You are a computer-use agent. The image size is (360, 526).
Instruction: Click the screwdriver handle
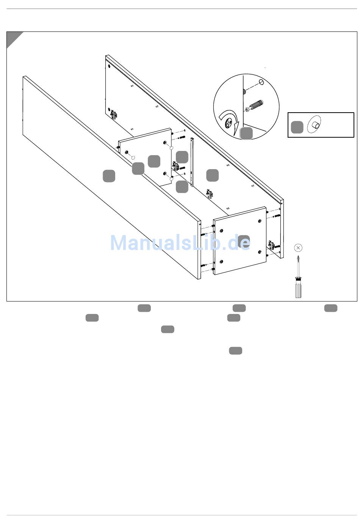pos(298,288)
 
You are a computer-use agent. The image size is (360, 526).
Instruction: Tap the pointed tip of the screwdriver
pos(298,256)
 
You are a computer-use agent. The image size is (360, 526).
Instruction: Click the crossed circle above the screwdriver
pos(298,248)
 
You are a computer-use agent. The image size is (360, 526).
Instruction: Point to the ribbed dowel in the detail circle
pos(254,106)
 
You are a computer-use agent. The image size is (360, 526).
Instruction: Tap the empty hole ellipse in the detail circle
pos(261,82)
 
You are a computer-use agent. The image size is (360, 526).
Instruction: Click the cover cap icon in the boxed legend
pos(314,124)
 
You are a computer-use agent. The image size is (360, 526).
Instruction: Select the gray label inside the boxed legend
pos(297,127)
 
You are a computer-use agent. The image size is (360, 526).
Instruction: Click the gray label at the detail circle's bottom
pos(246,133)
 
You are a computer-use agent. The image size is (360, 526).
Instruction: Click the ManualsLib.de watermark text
pos(180,242)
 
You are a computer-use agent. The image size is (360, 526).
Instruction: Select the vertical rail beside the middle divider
pos(193,162)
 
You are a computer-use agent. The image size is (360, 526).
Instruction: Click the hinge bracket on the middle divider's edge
pos(175,166)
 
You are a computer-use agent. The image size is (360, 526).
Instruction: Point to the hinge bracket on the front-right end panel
pos(272,245)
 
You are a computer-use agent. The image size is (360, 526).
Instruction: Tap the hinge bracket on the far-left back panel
pos(114,115)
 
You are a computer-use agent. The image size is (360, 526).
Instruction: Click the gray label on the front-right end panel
pos(244,242)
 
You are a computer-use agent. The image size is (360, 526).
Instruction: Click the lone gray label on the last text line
pos(235,350)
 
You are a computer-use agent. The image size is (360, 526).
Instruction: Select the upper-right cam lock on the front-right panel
pos(260,221)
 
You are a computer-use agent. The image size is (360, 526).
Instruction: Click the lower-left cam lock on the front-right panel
pos(221,262)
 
